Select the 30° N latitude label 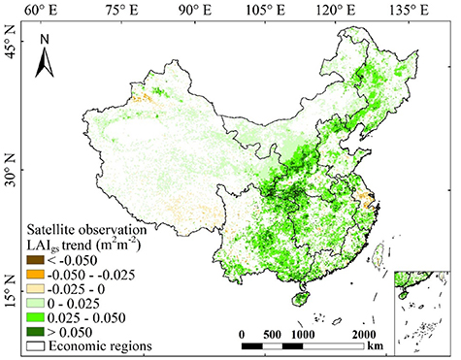click(10, 179)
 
